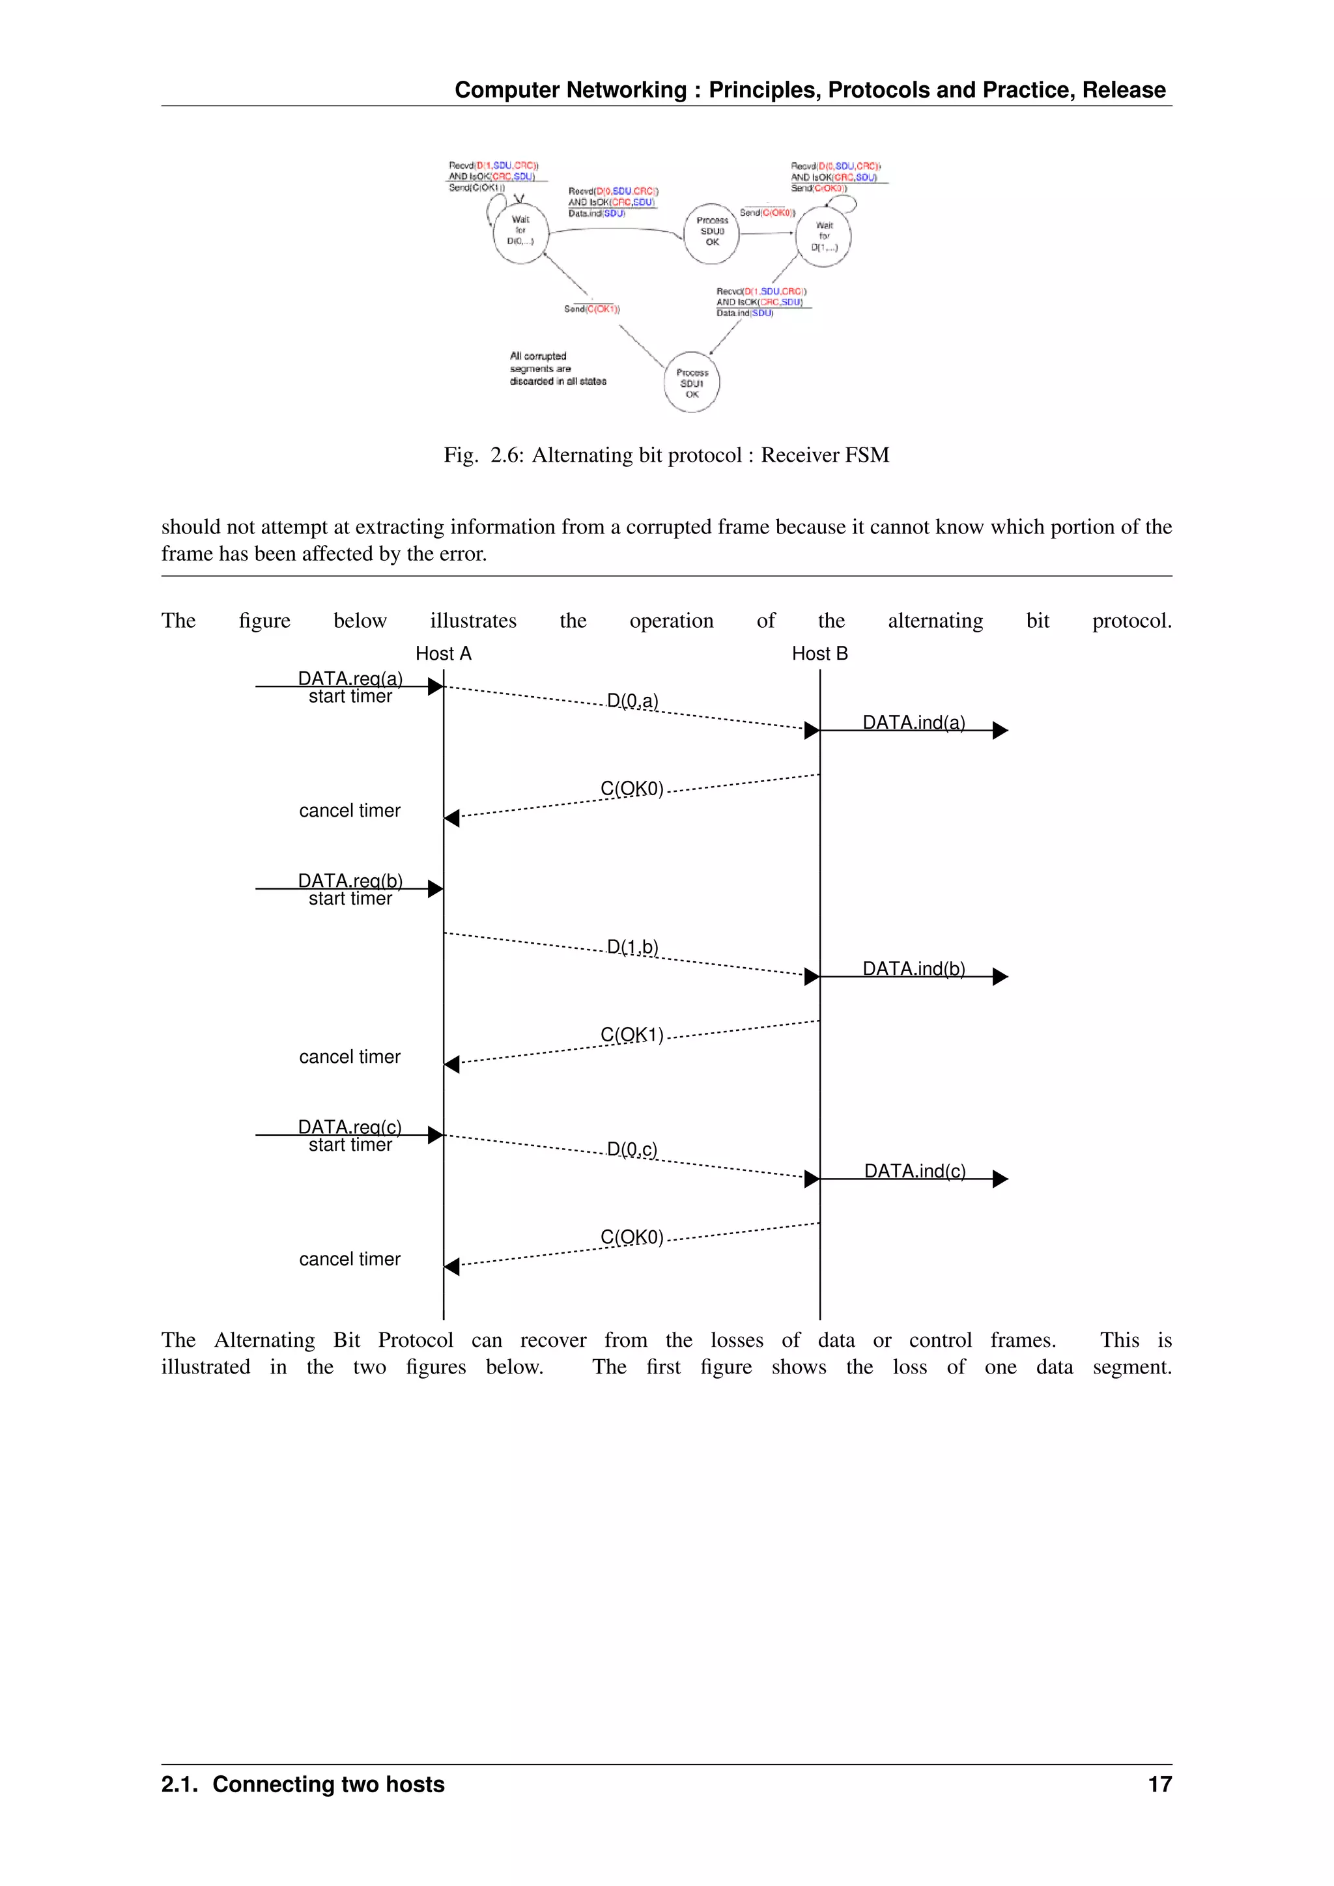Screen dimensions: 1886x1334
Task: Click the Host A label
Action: pyautogui.click(x=443, y=654)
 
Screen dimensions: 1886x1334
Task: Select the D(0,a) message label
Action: pyautogui.click(x=632, y=701)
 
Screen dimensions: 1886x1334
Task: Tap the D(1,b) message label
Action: pyautogui.click(x=632, y=947)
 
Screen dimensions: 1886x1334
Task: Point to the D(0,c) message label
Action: pyautogui.click(x=632, y=1149)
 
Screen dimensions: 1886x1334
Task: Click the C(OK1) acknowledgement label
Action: pyautogui.click(x=632, y=1035)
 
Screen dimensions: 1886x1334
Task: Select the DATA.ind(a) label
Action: pyautogui.click(x=913, y=723)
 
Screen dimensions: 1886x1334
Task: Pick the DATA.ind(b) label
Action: pyautogui.click(x=913, y=969)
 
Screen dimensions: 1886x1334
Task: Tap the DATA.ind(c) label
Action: pyautogui.click(x=915, y=1172)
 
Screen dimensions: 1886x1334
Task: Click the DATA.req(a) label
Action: pyautogui.click(x=350, y=679)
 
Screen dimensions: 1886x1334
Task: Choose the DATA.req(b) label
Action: pyautogui.click(x=350, y=880)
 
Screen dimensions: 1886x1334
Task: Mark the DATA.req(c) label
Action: pyautogui.click(x=350, y=1127)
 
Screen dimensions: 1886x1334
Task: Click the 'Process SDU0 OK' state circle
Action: pyautogui.click(x=711, y=233)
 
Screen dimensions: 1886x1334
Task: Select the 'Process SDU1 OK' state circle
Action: pyautogui.click(x=692, y=383)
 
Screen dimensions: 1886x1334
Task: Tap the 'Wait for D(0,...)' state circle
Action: pyautogui.click(x=520, y=232)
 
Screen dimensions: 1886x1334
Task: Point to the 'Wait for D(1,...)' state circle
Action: pyautogui.click(x=824, y=236)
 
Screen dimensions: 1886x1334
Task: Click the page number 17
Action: pyautogui.click(x=1159, y=1784)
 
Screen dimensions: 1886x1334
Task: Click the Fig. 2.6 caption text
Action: pyautogui.click(x=666, y=455)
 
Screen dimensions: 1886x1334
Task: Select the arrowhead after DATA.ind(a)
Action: pyautogui.click(x=1000, y=730)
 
